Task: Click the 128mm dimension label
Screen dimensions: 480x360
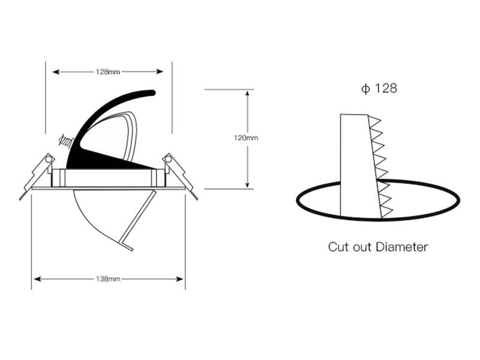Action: click(108, 72)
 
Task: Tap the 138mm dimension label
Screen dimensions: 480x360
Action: click(108, 279)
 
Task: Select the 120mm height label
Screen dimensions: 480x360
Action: click(246, 138)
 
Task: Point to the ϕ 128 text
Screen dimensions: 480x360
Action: click(379, 88)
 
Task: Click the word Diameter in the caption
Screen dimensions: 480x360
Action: click(401, 247)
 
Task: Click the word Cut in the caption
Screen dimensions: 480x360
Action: click(338, 247)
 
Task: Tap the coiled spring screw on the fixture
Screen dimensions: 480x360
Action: click(66, 142)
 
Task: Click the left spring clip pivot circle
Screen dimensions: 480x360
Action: click(49, 159)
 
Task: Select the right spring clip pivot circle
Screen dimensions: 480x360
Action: click(168, 159)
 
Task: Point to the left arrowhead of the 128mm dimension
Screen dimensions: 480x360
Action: click(55, 72)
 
